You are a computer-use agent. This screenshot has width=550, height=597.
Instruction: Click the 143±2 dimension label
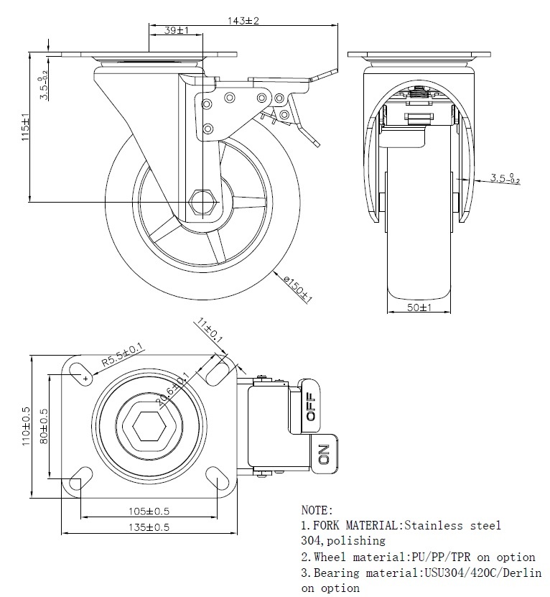click(x=244, y=21)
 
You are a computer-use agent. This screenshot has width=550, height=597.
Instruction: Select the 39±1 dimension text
click(x=177, y=30)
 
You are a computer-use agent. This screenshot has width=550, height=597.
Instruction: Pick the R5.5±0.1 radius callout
click(x=123, y=357)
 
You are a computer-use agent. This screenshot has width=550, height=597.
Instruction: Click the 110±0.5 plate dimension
click(x=26, y=425)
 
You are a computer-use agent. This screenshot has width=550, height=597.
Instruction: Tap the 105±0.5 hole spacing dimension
click(x=149, y=512)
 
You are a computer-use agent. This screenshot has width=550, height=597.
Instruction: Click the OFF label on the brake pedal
click(x=311, y=407)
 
